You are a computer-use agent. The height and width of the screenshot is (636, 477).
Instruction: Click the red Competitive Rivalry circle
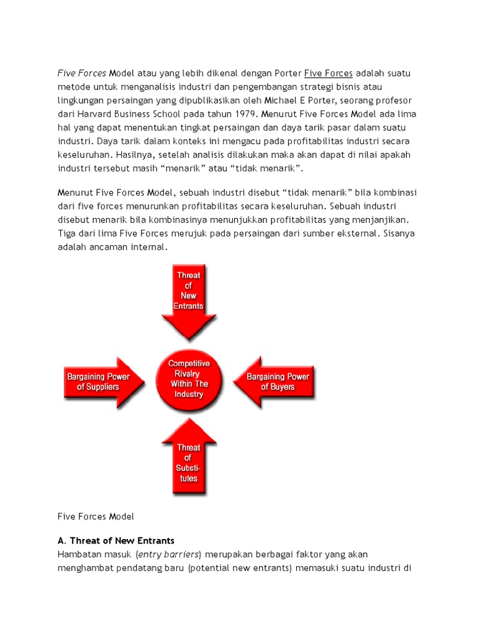pos(189,378)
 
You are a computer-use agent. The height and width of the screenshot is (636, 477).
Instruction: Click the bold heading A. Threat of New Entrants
pos(116,540)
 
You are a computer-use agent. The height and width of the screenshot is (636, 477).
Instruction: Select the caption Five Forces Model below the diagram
pos(96,516)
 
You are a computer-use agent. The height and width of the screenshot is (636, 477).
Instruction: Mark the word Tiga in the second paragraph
pos(68,233)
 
